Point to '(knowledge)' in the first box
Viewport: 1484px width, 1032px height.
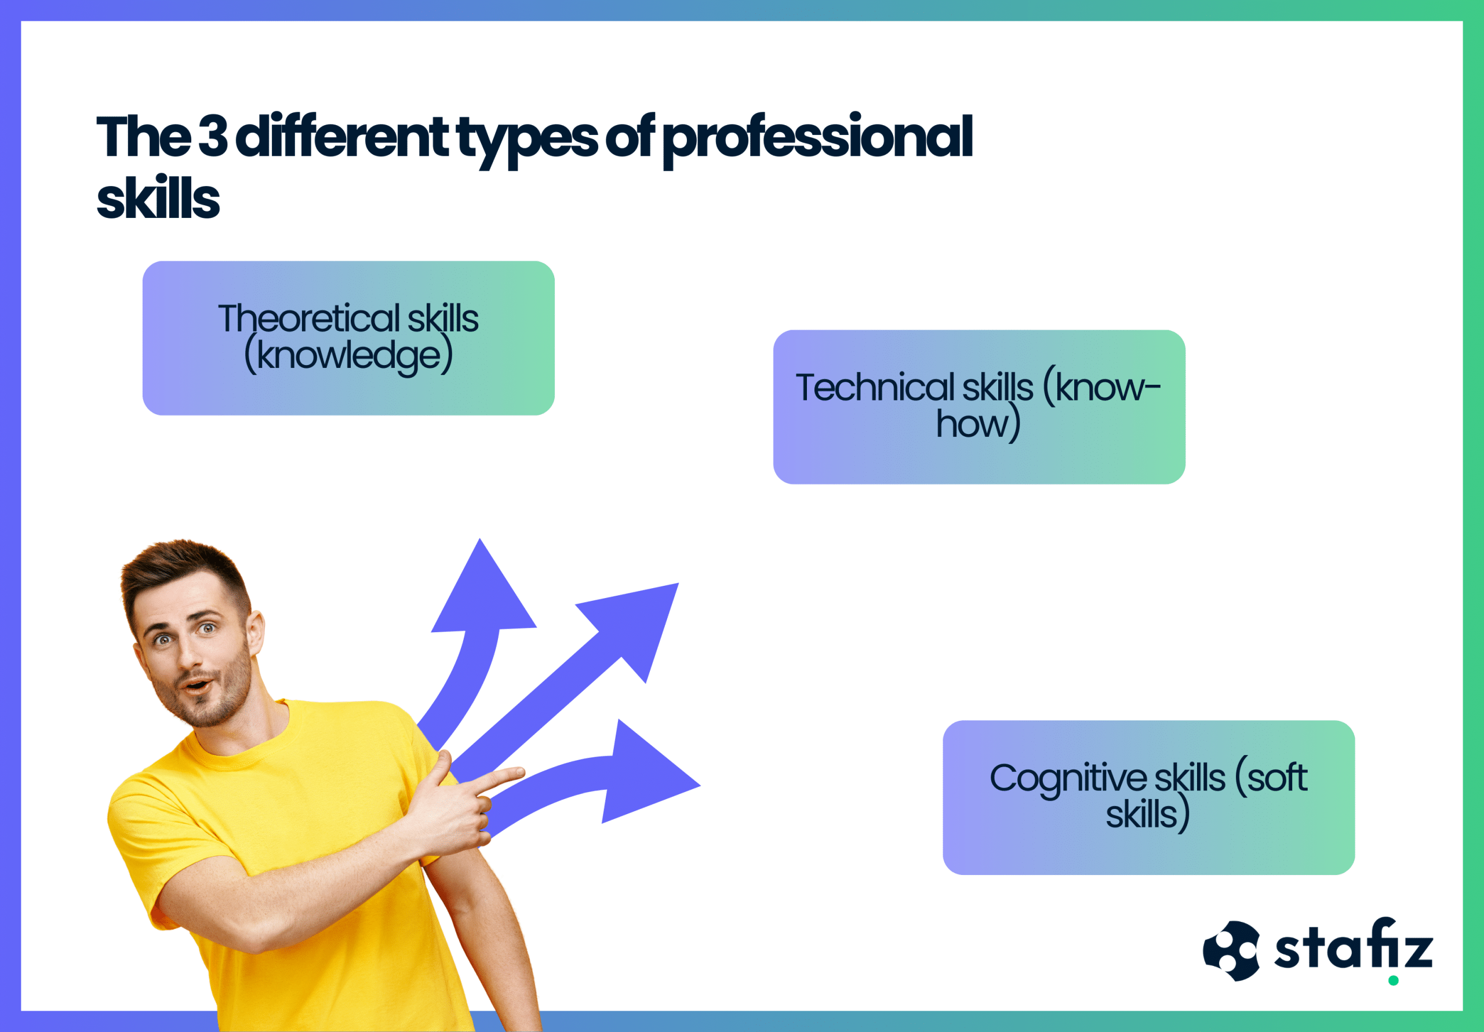pyautogui.click(x=348, y=355)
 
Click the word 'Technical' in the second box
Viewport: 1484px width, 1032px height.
pyautogui.click(x=875, y=388)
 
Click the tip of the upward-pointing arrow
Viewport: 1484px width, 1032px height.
pyautogui.click(x=479, y=539)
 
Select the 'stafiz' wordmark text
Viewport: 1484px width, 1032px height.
pyautogui.click(x=1354, y=944)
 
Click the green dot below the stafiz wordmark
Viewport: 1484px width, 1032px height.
pyautogui.click(x=1394, y=981)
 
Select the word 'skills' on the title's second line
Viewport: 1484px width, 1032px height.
pyautogui.click(x=158, y=198)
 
